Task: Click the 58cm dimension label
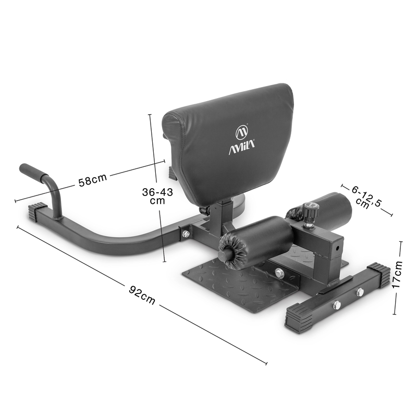tap(92, 180)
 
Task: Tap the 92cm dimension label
tap(142, 295)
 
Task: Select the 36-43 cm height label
tap(157, 196)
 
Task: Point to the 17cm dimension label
tap(397, 275)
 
